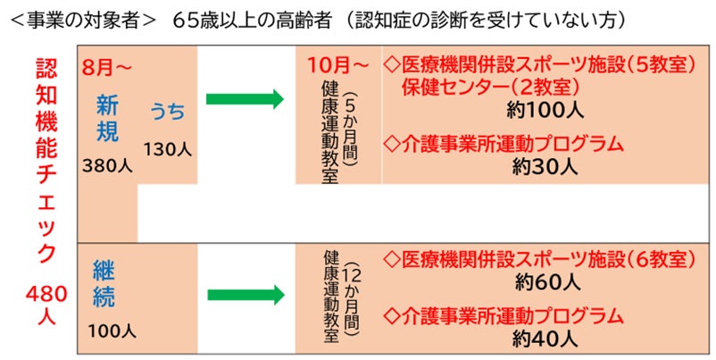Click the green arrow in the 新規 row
tap(244, 98)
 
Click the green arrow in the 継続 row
tap(244, 293)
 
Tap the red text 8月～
tap(108, 67)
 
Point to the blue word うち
tap(168, 112)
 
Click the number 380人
tap(107, 165)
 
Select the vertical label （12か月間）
tap(349, 298)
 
